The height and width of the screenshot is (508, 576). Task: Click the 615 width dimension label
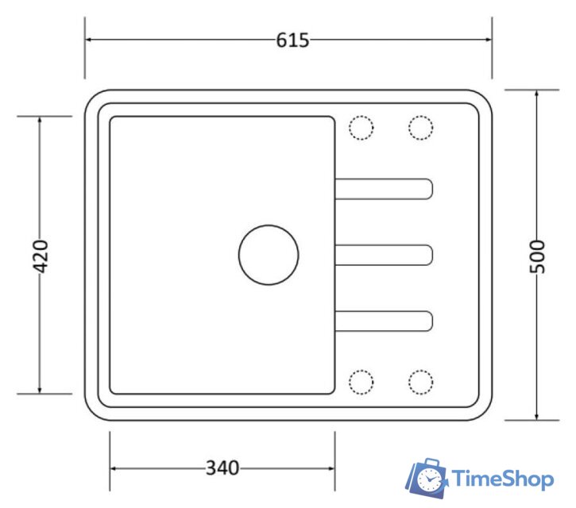(292, 40)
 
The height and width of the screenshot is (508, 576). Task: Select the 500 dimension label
(537, 256)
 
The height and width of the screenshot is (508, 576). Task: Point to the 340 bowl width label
(222, 468)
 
